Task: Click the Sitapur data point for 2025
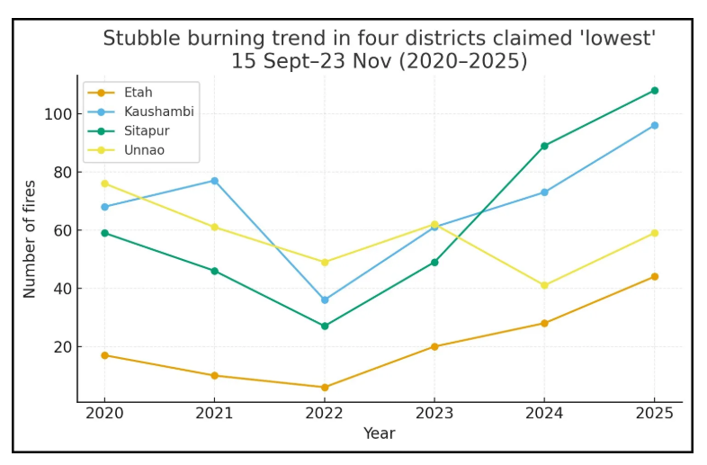(654, 91)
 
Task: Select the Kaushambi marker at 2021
(214, 181)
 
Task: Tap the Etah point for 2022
(325, 388)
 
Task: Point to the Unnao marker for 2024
(544, 285)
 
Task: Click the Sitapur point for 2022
(325, 326)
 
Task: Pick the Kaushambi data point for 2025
(654, 125)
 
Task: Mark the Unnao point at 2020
(104, 183)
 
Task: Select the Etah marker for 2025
(654, 276)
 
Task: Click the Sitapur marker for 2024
(544, 146)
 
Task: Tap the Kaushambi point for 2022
(325, 300)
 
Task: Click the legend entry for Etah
(138, 93)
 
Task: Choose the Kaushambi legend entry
(158, 112)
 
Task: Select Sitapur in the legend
(147, 130)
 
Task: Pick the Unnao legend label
(144, 150)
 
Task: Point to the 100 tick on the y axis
(56, 114)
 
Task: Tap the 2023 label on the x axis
(434, 414)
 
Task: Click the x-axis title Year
(379, 434)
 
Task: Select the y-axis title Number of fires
(31, 239)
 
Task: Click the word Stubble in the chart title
(136, 39)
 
